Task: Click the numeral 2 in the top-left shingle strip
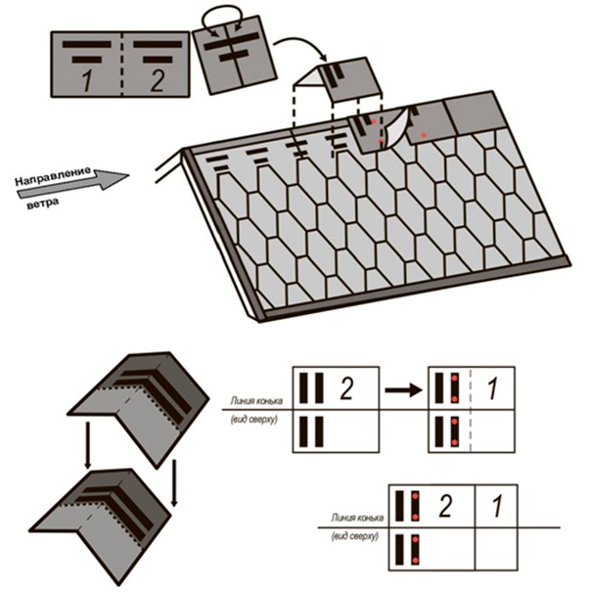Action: point(157,79)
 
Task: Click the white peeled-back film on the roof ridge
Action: point(391,137)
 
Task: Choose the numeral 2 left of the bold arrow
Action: point(344,388)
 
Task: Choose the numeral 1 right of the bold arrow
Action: point(491,388)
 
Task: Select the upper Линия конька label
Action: point(256,400)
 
